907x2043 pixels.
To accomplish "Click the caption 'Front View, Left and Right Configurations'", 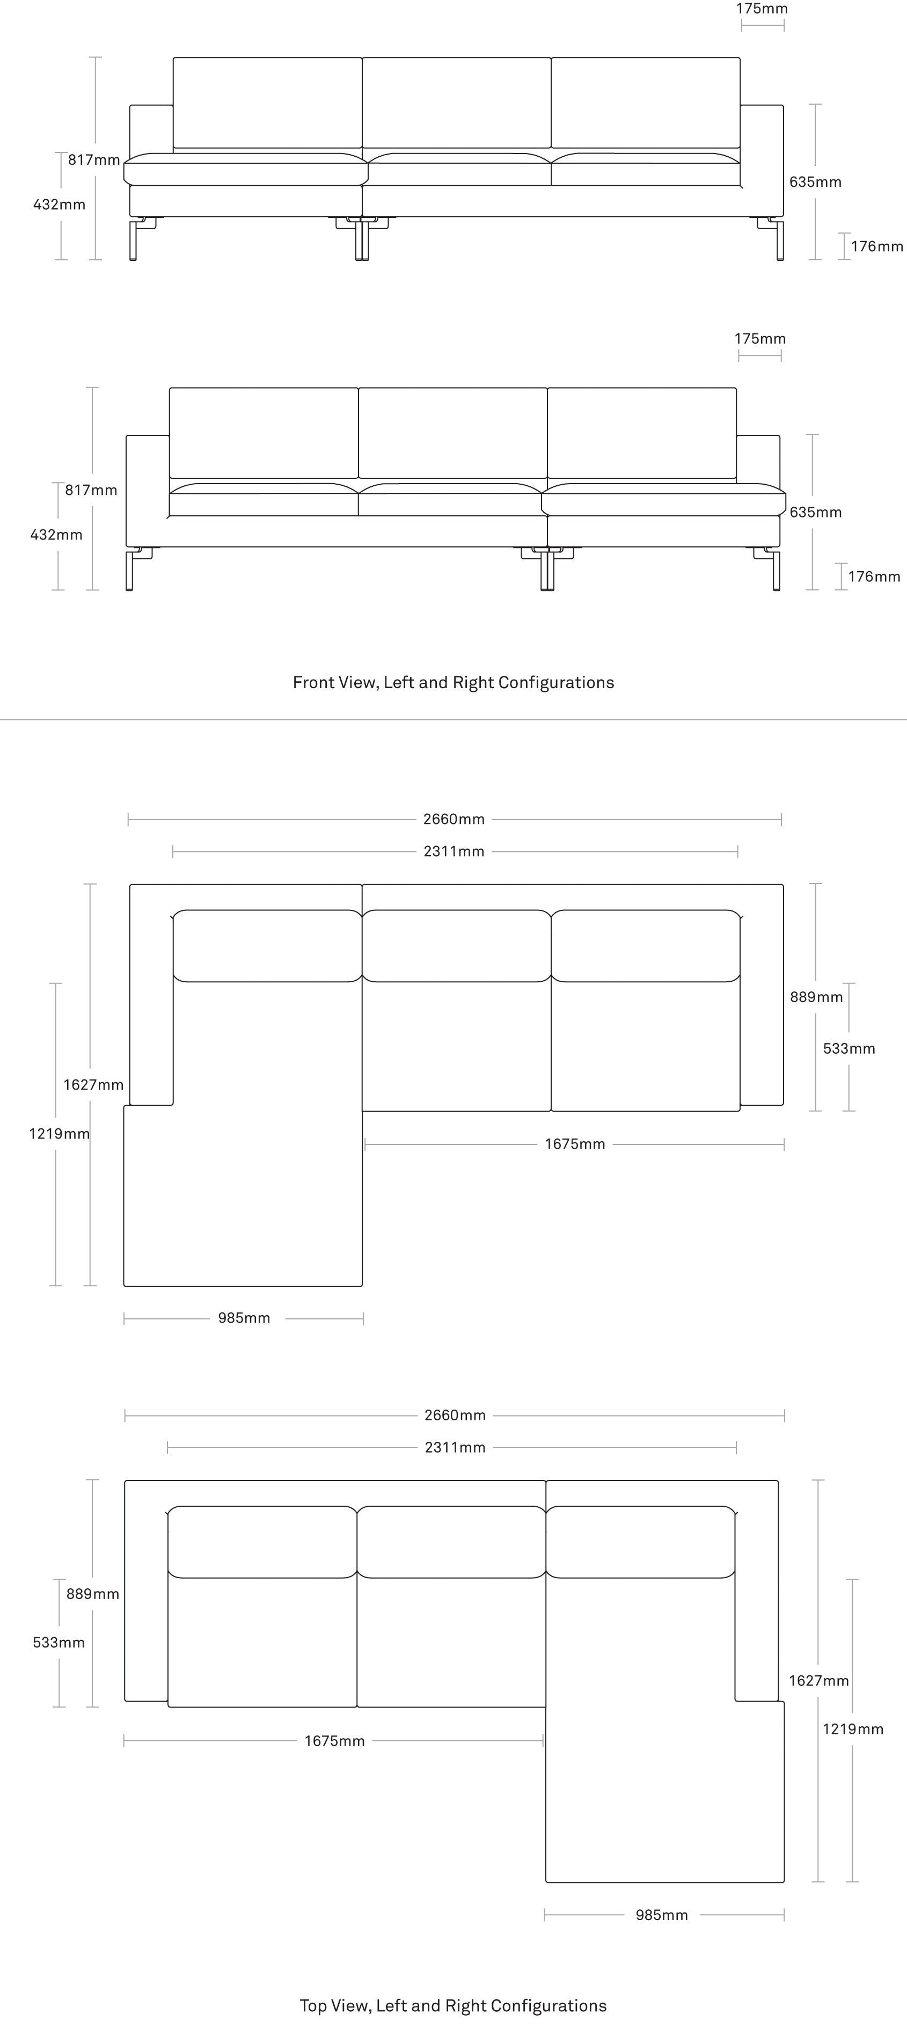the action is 453,683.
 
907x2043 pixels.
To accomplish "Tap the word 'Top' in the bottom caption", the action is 312,2006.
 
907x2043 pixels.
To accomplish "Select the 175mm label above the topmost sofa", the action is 762,9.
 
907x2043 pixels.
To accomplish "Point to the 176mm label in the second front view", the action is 874,577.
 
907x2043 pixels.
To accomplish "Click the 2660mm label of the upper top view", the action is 453,819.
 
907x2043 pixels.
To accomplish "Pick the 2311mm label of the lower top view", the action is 455,1447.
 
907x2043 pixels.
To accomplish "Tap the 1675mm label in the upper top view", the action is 575,1144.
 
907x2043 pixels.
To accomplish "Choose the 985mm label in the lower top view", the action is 662,1915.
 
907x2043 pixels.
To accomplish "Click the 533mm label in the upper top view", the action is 849,1048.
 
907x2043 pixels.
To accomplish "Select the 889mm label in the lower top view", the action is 93,1594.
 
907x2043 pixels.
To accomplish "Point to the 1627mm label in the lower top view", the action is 819,1681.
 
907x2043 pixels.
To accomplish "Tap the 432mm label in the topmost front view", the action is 60,205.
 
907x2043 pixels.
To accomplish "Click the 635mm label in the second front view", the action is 816,512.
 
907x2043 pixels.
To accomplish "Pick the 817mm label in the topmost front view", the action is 93,160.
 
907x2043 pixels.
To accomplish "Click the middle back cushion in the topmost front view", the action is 457,103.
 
